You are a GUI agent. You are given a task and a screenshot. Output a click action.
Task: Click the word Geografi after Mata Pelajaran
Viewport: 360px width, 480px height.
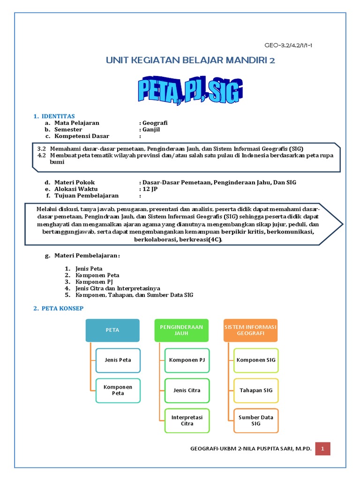(x=155, y=123)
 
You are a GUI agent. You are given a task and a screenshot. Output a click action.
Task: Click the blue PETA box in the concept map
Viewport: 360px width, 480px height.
(x=112, y=330)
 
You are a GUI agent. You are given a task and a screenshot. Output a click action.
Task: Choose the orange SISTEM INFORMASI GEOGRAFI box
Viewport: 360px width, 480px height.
(x=250, y=330)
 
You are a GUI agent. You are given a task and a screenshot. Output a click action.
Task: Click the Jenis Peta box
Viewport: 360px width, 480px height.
(x=118, y=360)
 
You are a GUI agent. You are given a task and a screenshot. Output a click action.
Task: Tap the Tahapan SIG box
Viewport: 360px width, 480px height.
(x=255, y=390)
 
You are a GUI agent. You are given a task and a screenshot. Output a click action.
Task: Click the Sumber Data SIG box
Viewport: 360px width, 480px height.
(x=255, y=420)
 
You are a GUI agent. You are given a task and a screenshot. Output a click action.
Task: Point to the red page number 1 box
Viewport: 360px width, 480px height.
(x=322, y=449)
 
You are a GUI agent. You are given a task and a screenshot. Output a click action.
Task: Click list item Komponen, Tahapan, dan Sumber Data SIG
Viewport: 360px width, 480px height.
(x=134, y=295)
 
